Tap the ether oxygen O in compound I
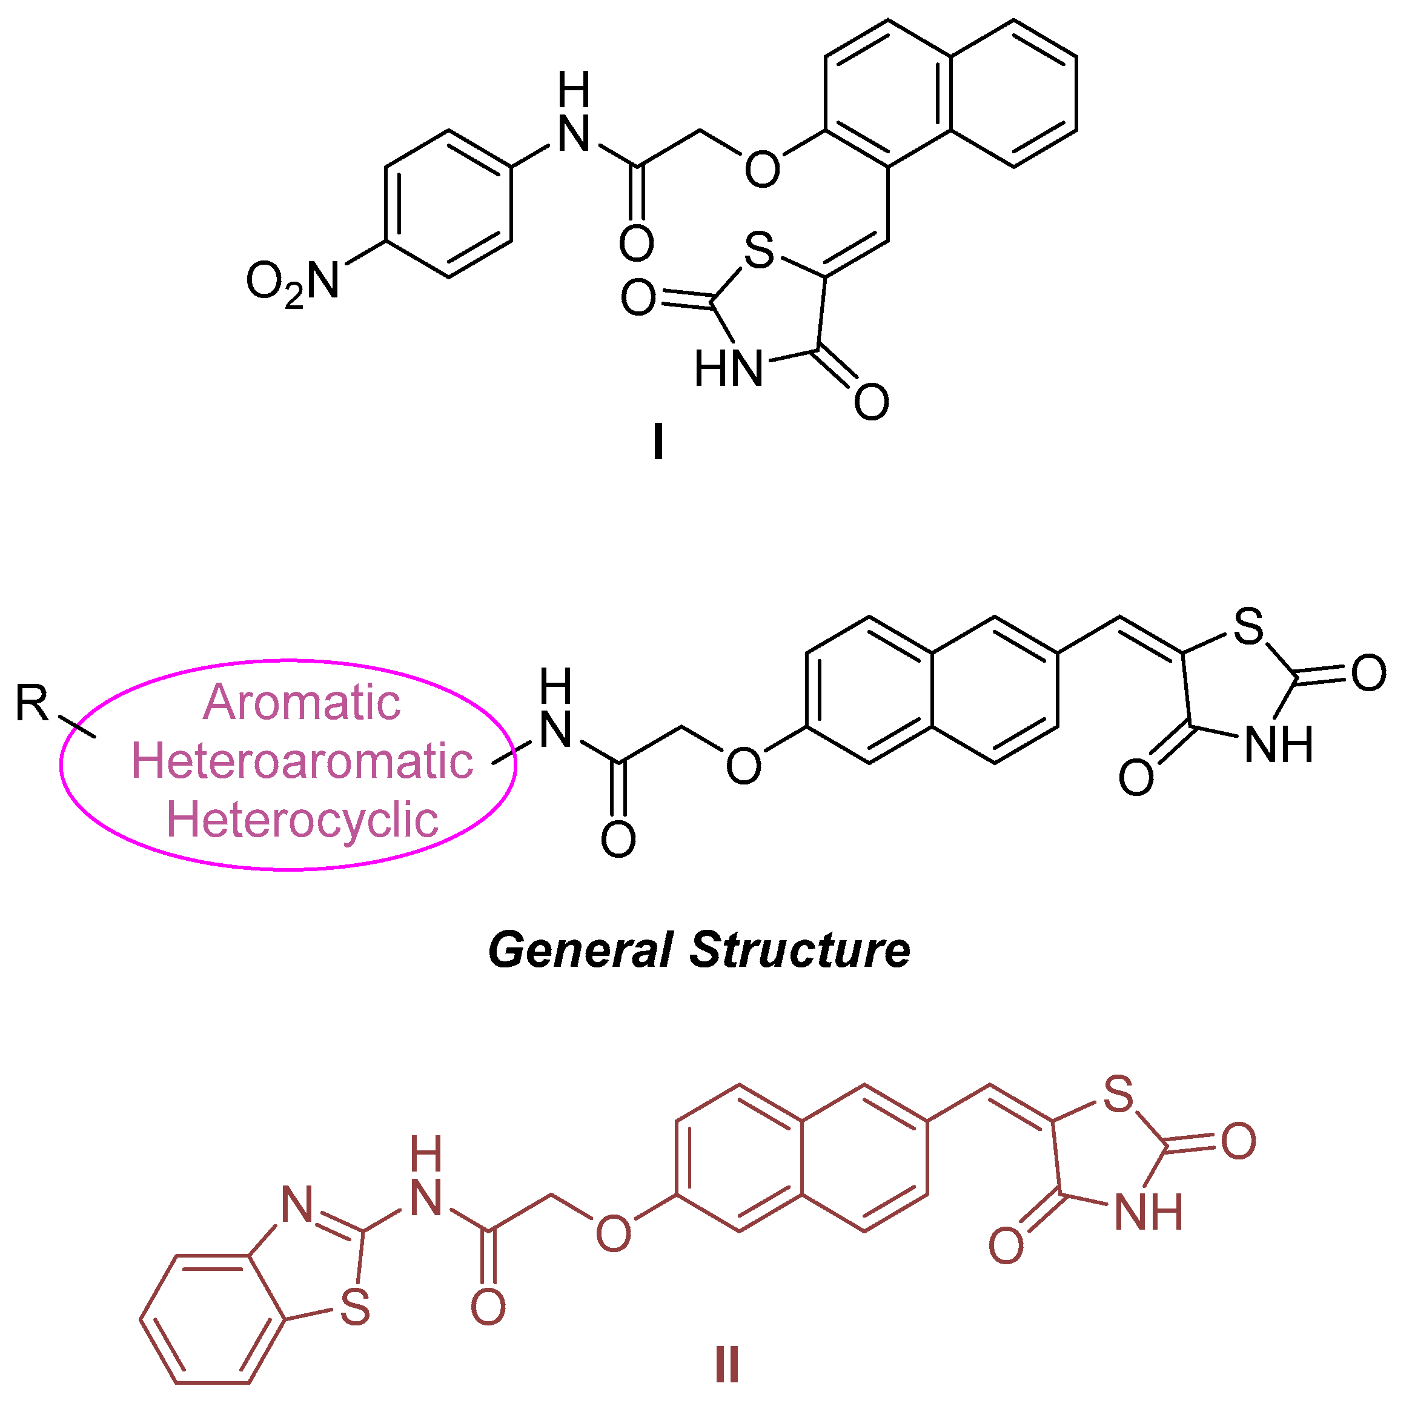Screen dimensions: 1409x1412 761,169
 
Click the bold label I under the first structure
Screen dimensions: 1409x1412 658,442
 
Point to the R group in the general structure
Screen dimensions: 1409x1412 32,703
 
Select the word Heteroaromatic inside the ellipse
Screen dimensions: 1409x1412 301,761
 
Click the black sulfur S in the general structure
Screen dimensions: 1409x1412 1248,626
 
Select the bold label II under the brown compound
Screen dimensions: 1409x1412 726,1364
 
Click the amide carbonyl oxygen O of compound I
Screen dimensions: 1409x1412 636,244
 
